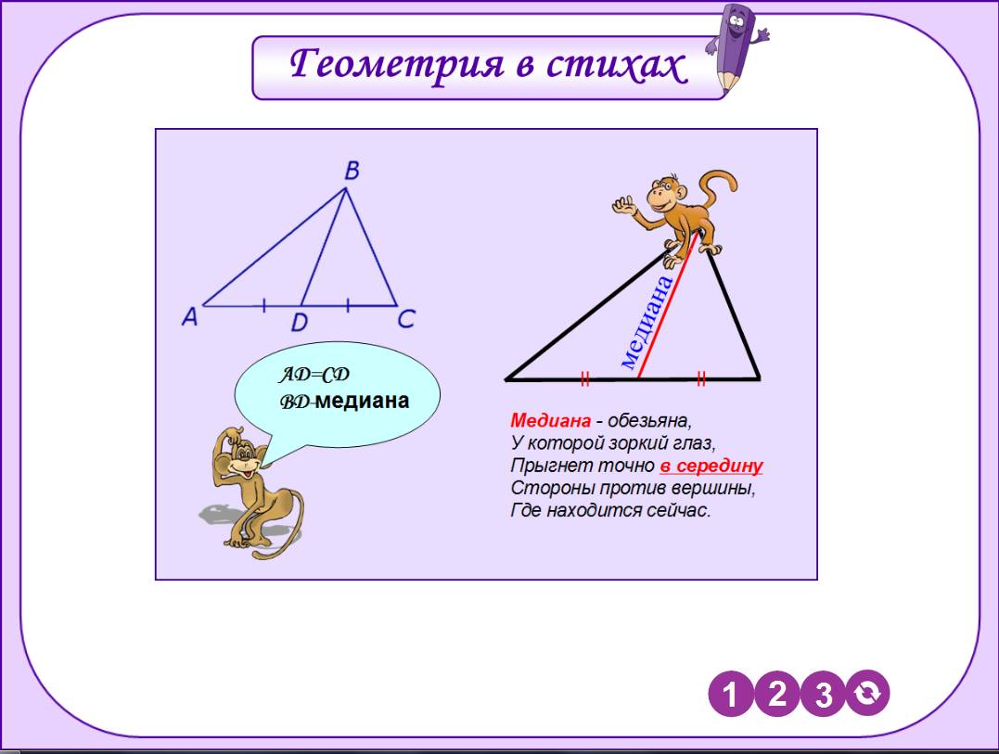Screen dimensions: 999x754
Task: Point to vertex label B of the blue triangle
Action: click(352, 171)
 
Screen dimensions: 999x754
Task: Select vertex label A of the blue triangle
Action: click(190, 316)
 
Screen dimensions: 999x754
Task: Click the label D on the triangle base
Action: click(299, 323)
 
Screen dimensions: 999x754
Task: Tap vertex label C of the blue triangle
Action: click(406, 318)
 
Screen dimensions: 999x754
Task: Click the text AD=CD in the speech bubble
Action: click(314, 375)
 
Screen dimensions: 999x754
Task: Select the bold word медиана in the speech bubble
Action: click(363, 402)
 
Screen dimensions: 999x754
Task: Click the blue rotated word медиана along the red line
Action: click(646, 322)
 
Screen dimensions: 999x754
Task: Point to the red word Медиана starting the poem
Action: click(550, 420)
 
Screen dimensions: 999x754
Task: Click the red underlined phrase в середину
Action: click(711, 466)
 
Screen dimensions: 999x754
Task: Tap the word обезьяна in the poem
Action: click(649, 421)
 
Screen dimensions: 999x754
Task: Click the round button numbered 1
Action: click(731, 694)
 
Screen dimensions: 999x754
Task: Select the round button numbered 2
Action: click(777, 694)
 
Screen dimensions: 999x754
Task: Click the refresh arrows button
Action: click(867, 693)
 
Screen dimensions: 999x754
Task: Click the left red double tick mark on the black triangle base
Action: click(585, 379)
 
